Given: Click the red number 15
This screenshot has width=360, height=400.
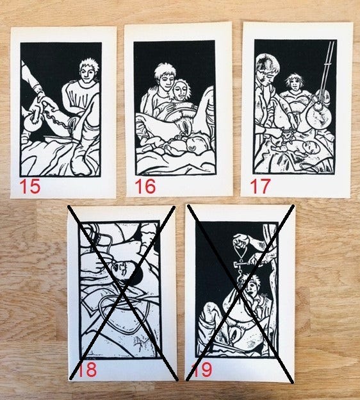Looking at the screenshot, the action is click(x=30, y=187).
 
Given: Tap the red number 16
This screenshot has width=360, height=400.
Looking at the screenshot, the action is click(x=145, y=187).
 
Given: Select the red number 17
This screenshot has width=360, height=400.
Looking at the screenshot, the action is click(x=260, y=187).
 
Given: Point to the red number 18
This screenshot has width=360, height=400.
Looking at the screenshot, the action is click(x=86, y=370).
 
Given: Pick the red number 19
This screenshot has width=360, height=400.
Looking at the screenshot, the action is click(x=202, y=370).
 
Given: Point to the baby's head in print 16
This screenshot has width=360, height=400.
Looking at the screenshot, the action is click(x=192, y=146).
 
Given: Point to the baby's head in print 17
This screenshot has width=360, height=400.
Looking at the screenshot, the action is click(x=309, y=147).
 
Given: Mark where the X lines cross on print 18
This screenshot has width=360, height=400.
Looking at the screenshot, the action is click(x=123, y=291).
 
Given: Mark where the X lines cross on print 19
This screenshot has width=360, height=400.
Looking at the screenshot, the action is click(x=240, y=291).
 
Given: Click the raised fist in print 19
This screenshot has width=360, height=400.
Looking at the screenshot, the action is click(x=240, y=240).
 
